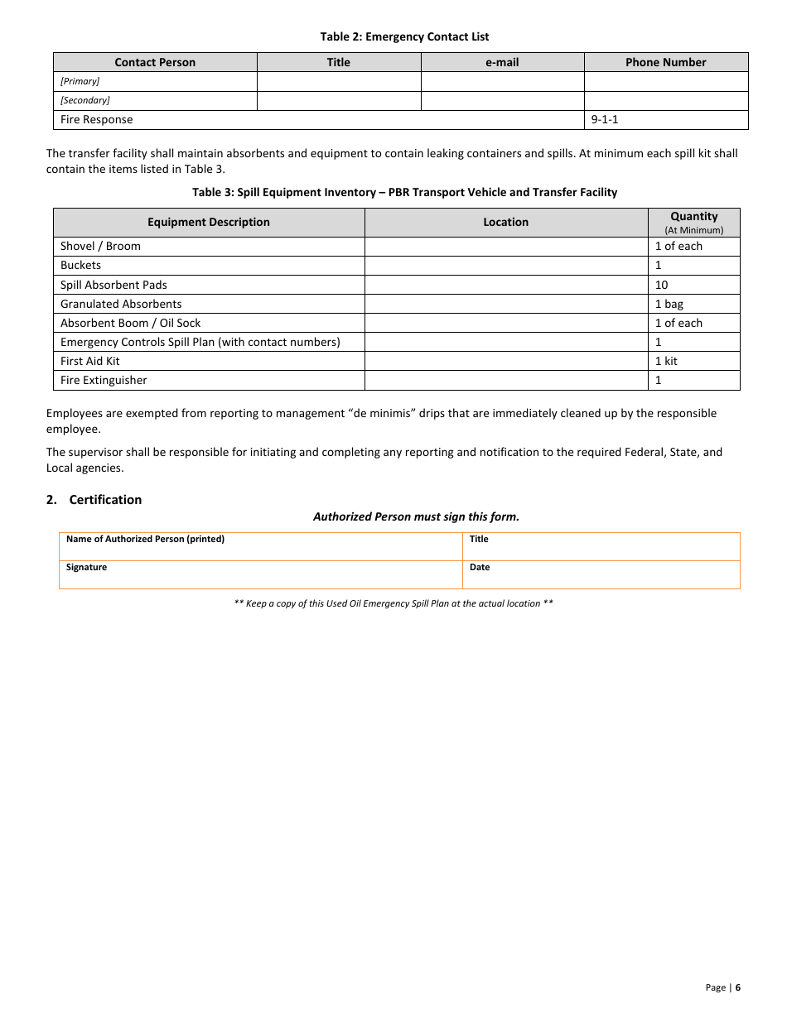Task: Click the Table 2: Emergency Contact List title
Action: pyautogui.click(x=404, y=36)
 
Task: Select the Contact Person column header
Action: pyautogui.click(x=155, y=62)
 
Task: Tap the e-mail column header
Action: pyautogui.click(x=502, y=62)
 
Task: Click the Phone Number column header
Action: pyautogui.click(x=665, y=62)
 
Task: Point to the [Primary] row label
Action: pyautogui.click(x=80, y=81)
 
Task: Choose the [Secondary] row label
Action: pyautogui.click(x=84, y=100)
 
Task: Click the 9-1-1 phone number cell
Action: pyautogui.click(x=604, y=119)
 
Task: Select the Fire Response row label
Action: pyautogui.click(x=96, y=119)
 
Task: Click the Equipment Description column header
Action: pyautogui.click(x=209, y=222)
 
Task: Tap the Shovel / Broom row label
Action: pyautogui.click(x=100, y=246)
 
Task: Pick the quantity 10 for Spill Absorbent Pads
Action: pyautogui.click(x=661, y=285)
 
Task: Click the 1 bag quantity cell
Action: pyautogui.click(x=669, y=304)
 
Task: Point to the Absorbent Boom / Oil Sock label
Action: pyautogui.click(x=130, y=323)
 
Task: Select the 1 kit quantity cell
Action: pyautogui.click(x=665, y=361)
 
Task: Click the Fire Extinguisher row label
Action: pyautogui.click(x=104, y=380)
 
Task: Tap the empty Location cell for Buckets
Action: pyautogui.click(x=505, y=266)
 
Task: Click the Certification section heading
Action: pyautogui.click(x=105, y=500)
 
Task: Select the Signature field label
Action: pyautogui.click(x=86, y=567)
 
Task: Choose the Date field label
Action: pyautogui.click(x=480, y=567)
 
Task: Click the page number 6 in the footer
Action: pyautogui.click(x=737, y=987)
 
